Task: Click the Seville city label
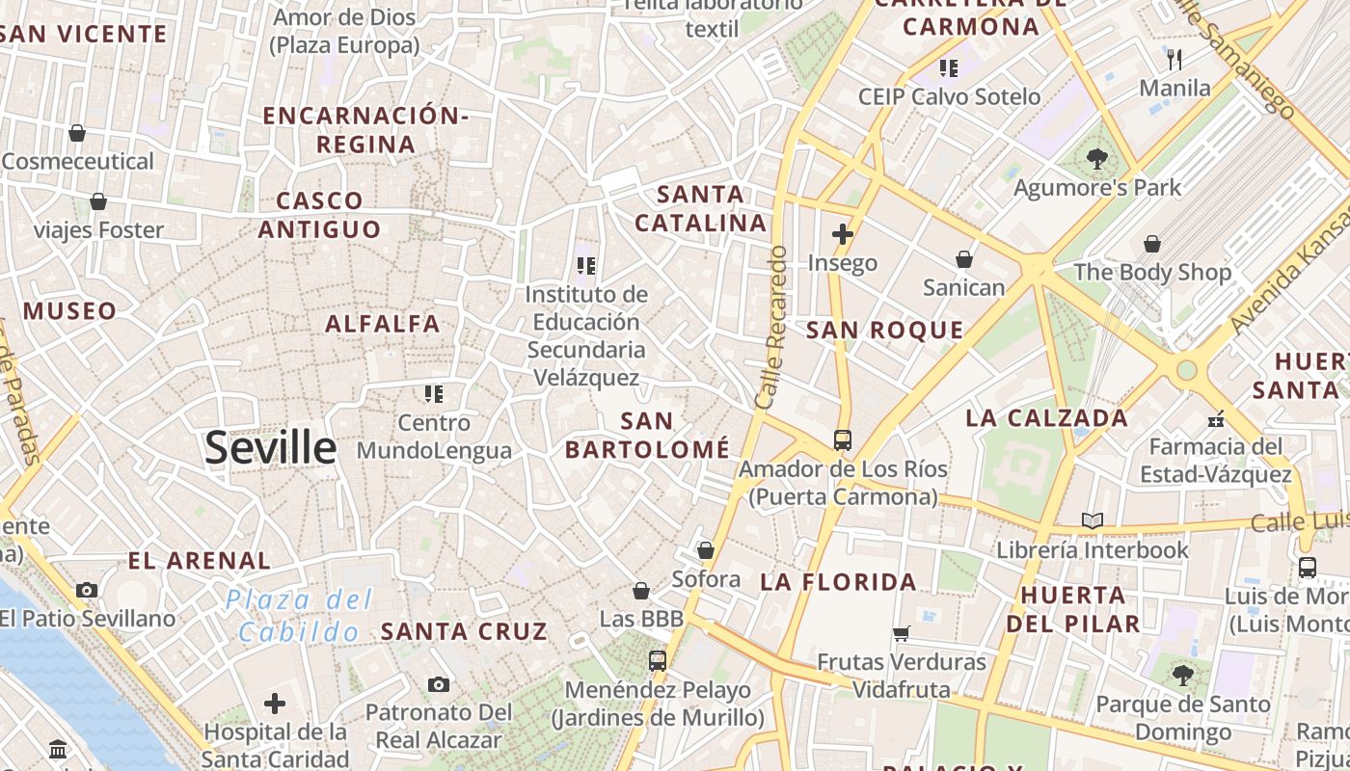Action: (x=271, y=449)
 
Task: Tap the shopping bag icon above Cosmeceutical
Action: (x=77, y=133)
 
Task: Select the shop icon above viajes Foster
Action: (x=97, y=201)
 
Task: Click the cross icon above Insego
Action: (x=843, y=233)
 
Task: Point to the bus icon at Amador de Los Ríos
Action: (x=843, y=440)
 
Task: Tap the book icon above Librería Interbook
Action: (x=1092, y=521)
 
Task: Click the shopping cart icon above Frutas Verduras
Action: (x=902, y=633)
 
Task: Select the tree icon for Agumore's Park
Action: (x=1096, y=158)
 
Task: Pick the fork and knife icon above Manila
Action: (x=1174, y=60)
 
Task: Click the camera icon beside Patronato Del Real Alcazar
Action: (x=439, y=684)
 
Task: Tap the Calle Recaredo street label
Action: (x=773, y=328)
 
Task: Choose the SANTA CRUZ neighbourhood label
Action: (x=464, y=632)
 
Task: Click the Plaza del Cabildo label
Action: (x=299, y=617)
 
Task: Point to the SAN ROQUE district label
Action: (x=884, y=331)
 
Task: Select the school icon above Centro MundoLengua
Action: (x=434, y=393)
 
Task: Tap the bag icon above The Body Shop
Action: (x=1152, y=244)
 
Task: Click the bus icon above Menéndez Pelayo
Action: (x=658, y=661)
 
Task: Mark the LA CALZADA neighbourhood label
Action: (x=1046, y=418)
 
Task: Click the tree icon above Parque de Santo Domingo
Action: (x=1183, y=676)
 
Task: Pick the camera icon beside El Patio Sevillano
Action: (x=87, y=590)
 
